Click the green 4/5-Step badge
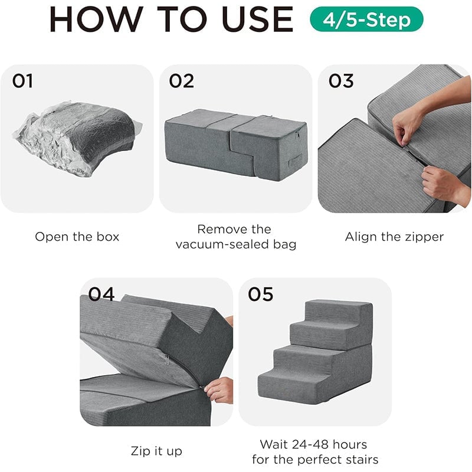[366, 19]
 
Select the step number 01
[22, 81]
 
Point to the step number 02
[181, 81]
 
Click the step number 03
[341, 81]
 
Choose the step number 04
[101, 293]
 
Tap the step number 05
[260, 293]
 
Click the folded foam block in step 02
[236, 145]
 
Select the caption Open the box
[77, 237]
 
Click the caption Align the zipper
[394, 237]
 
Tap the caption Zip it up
[156, 451]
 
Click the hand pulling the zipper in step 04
[219, 389]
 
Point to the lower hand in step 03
[440, 183]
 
